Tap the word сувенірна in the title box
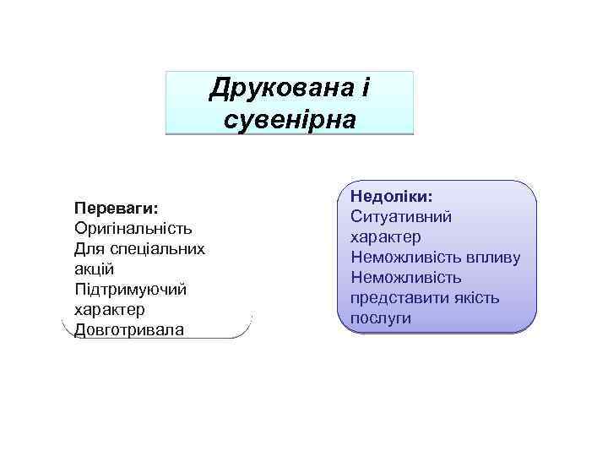click(290, 118)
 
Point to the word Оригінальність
click(133, 228)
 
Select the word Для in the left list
click(89, 248)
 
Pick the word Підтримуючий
click(130, 289)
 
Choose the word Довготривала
click(128, 329)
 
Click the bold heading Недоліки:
click(392, 196)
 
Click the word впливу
click(493, 257)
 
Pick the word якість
click(479, 297)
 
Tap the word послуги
click(381, 318)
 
